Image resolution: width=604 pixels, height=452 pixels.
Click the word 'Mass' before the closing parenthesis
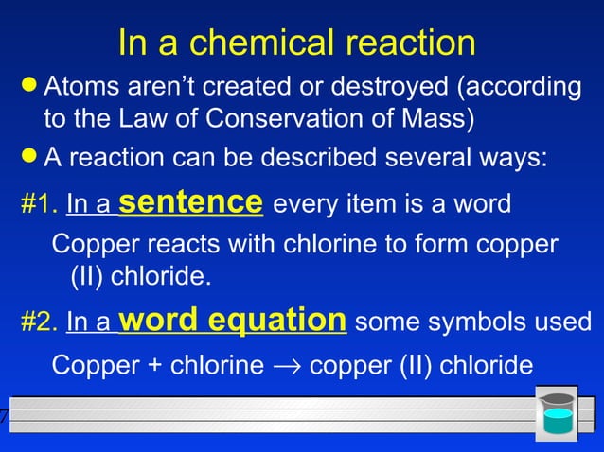coord(440,121)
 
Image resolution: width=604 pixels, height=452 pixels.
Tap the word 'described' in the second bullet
coord(311,157)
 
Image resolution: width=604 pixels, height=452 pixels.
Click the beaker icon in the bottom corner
coord(558,415)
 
